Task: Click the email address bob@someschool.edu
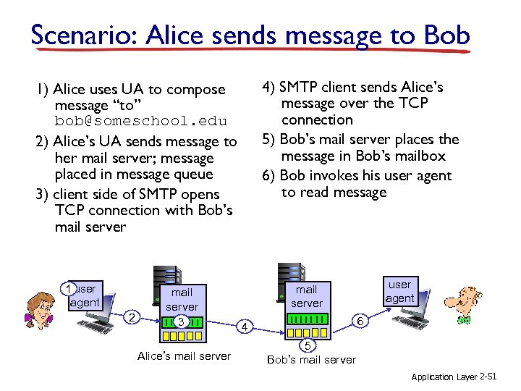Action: tap(140, 121)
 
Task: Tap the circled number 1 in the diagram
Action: tap(67, 290)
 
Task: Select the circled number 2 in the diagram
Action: tap(131, 316)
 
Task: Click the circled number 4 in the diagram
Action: tap(245, 327)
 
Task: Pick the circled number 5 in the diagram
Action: tap(307, 344)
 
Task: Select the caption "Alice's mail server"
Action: tap(184, 356)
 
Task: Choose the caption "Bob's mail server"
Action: tap(311, 360)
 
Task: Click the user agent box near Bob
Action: tap(399, 291)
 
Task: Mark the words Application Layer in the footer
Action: tap(444, 377)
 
